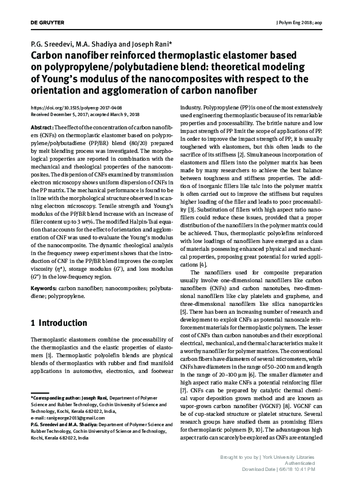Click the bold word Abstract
click(x=42, y=129)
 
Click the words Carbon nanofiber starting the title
click(x=65, y=54)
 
